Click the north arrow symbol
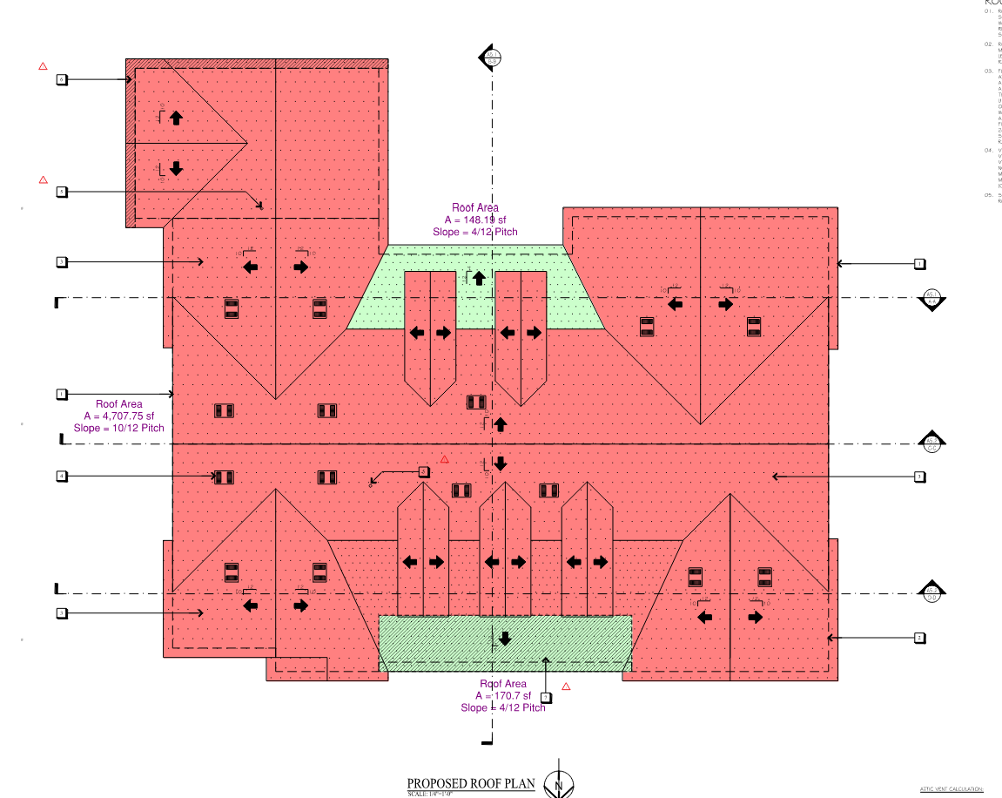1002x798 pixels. [558, 785]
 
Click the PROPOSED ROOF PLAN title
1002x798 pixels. [471, 783]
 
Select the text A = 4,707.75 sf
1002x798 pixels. [119, 416]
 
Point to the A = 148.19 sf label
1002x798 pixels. [474, 220]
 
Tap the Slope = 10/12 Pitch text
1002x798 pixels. [119, 428]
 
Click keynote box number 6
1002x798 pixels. [62, 79]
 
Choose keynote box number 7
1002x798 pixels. [546, 697]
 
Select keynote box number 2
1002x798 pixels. [919, 638]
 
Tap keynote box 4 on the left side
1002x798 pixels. [62, 476]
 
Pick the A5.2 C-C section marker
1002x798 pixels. [931, 442]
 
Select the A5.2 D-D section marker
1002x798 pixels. [931, 592]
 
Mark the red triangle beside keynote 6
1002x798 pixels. [43, 66]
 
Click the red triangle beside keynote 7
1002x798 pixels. [566, 686]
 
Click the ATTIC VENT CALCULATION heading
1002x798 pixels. [952, 789]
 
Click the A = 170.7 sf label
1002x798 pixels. [503, 696]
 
